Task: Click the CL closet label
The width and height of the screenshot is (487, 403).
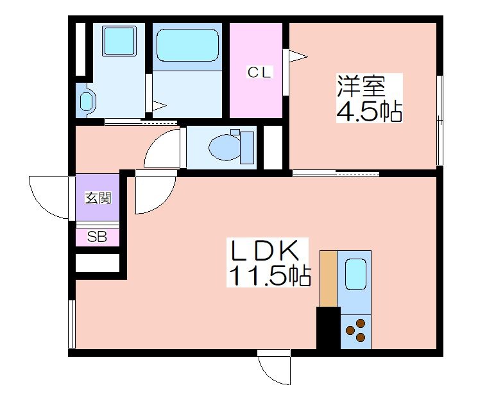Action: (x=260, y=73)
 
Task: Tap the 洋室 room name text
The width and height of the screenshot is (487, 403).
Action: (x=361, y=87)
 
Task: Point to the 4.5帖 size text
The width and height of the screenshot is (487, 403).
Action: (x=370, y=111)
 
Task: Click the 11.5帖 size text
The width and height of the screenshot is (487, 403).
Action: (x=269, y=275)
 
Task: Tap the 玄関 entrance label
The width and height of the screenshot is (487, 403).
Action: (x=98, y=198)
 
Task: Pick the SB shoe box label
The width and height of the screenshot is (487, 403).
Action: (x=97, y=237)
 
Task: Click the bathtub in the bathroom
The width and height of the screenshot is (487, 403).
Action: (x=187, y=45)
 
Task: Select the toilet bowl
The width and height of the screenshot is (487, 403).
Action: (x=232, y=147)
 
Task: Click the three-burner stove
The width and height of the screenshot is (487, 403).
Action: (x=356, y=331)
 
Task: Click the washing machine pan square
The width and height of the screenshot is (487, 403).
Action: (x=119, y=41)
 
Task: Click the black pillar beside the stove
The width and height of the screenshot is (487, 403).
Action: (x=329, y=328)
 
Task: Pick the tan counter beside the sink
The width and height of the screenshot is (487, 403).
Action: (x=329, y=279)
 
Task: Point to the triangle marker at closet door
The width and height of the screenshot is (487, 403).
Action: (x=298, y=57)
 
